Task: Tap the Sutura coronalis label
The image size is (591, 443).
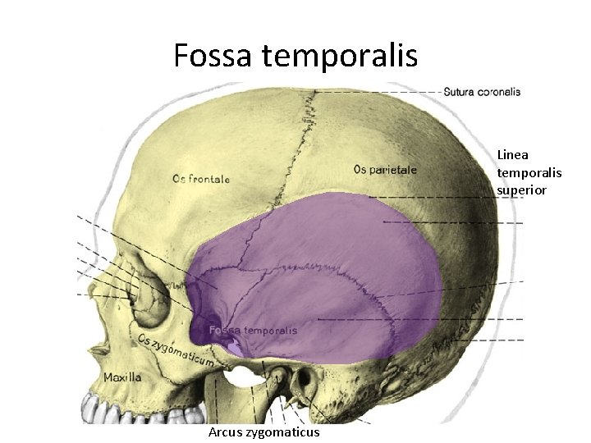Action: point(481,92)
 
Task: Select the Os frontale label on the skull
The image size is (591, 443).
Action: point(201,178)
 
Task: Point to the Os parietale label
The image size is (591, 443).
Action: point(385,170)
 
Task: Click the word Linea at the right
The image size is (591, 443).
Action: point(512,154)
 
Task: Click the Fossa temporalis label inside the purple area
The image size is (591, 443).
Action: point(253,330)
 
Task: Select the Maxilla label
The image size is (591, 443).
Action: point(122,377)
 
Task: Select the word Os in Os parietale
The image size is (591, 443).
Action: point(360,170)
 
